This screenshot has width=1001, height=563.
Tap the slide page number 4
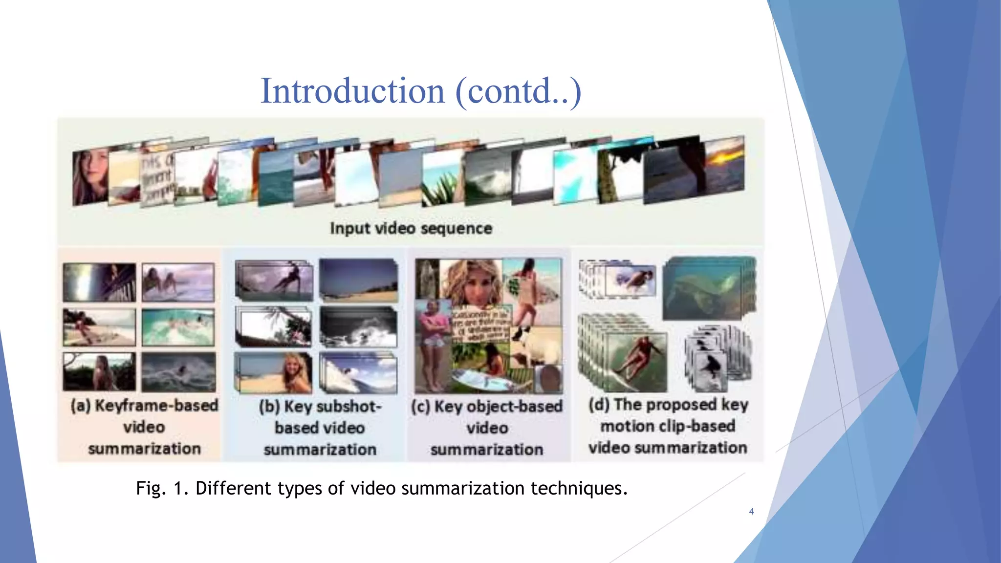tap(751, 511)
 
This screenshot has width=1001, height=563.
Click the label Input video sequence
tap(411, 228)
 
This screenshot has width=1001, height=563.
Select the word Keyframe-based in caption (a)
tap(156, 406)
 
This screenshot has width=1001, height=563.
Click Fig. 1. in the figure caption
tap(161, 488)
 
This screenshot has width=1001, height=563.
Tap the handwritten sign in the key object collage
tap(481, 325)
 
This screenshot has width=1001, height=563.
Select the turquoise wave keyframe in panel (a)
tap(178, 327)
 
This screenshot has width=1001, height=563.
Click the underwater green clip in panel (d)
tap(709, 288)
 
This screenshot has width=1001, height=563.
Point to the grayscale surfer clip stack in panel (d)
tap(716, 359)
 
